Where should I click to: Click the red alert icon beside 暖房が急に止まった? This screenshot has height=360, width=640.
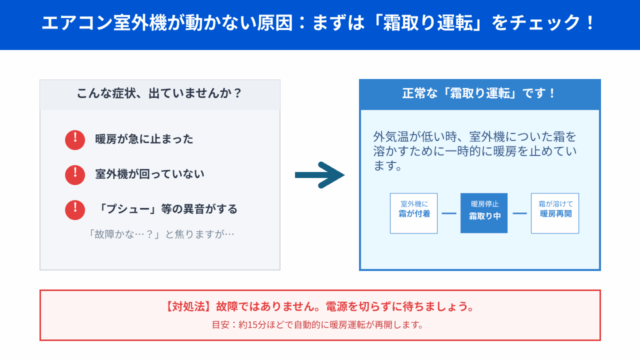[74, 140]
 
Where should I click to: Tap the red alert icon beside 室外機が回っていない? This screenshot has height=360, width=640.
[74, 175]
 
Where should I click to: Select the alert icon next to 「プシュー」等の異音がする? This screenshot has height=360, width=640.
[74, 210]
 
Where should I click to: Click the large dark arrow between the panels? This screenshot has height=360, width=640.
[320, 176]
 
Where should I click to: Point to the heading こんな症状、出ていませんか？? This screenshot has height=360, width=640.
[160, 95]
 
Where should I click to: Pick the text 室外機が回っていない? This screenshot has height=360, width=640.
[149, 175]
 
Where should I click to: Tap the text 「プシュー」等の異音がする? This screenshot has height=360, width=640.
[167, 210]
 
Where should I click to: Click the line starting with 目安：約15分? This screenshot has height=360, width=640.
[320, 325]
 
